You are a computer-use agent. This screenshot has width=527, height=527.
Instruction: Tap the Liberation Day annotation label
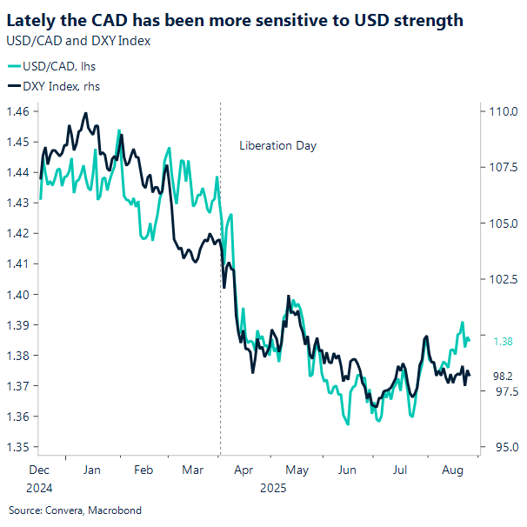point(277,145)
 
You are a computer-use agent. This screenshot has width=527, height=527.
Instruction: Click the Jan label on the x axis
point(90,470)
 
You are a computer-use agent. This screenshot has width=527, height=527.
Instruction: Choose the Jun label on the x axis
point(347,470)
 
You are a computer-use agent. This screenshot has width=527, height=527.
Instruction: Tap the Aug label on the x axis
point(452,470)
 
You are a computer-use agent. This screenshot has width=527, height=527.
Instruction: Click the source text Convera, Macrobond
point(75,510)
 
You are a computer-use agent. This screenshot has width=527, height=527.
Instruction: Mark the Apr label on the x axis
point(243,470)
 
